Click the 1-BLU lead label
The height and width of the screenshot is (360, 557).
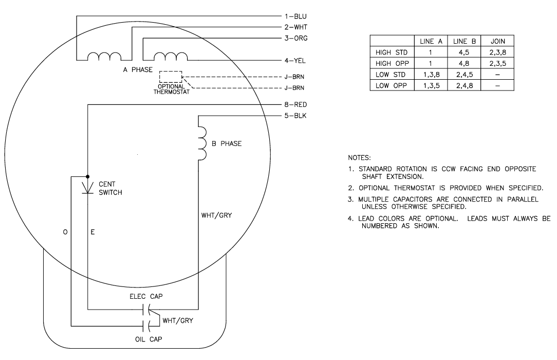pyautogui.click(x=297, y=16)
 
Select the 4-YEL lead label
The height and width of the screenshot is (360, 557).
pyautogui.click(x=297, y=60)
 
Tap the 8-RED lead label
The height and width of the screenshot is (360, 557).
pyautogui.click(x=296, y=104)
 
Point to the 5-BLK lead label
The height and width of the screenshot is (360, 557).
pyautogui.click(x=296, y=115)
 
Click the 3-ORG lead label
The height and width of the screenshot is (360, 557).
pyautogui.click(x=297, y=38)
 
